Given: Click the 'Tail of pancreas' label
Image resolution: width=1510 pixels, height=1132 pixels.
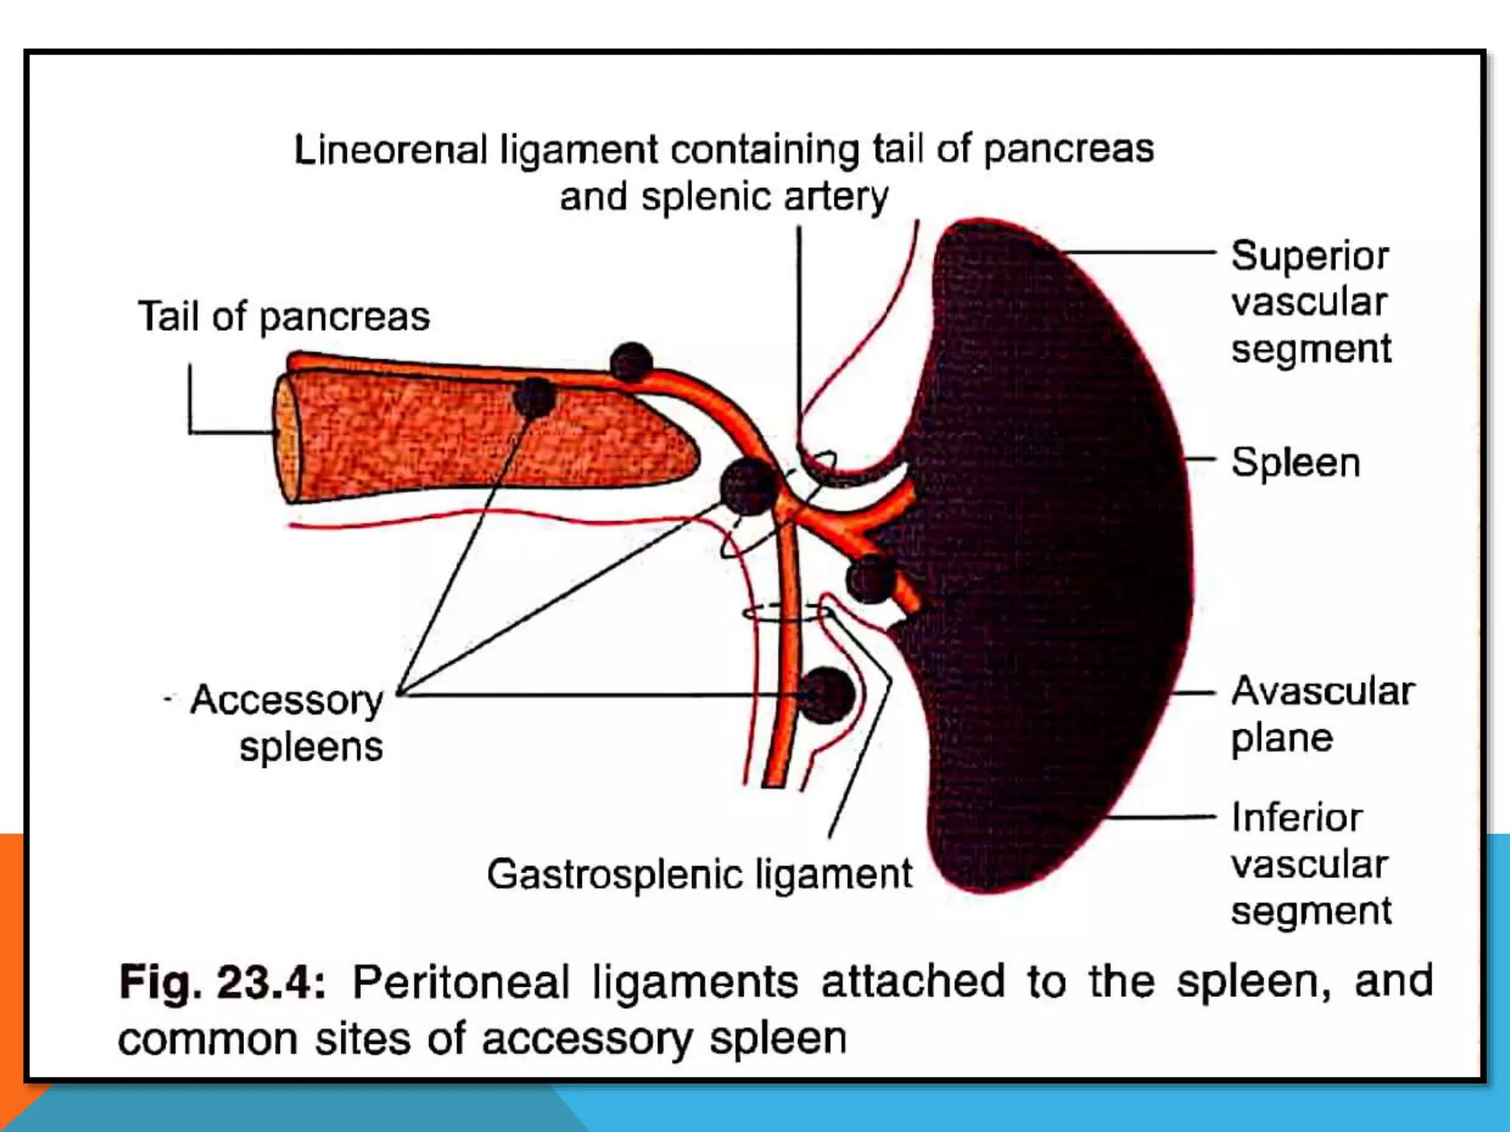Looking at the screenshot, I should (284, 317).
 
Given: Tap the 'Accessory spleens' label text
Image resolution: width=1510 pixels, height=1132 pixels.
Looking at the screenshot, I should (288, 722).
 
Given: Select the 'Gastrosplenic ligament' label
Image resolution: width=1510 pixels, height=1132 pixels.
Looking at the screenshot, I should (699, 875).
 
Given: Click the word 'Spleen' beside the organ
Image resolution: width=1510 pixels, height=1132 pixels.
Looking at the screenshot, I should (1295, 463).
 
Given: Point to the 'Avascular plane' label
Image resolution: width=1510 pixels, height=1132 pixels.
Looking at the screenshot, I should (1322, 713).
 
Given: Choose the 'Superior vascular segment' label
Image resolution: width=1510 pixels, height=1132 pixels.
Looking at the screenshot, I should (1310, 302).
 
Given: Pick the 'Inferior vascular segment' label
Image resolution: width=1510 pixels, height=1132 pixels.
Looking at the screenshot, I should (1310, 864).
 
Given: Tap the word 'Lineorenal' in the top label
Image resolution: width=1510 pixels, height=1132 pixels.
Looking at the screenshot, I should (391, 150).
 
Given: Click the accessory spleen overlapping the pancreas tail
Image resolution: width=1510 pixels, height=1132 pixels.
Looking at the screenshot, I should (534, 396).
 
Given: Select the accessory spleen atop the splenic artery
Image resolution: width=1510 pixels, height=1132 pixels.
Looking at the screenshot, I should (631, 362).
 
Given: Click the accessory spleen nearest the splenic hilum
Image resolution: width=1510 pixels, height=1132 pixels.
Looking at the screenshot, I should (870, 578).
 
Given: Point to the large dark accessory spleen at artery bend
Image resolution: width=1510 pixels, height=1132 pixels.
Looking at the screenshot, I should (748, 486).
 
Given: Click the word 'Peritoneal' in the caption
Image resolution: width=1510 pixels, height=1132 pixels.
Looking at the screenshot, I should (462, 982).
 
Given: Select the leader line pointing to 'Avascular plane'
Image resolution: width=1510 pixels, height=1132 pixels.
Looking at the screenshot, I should (1193, 693).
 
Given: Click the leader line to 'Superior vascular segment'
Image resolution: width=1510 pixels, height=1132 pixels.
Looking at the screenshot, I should (1139, 252).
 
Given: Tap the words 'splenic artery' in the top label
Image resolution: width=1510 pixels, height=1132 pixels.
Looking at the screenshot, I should (764, 197).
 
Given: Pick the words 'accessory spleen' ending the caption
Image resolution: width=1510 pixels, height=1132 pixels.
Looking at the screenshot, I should (664, 1038).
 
